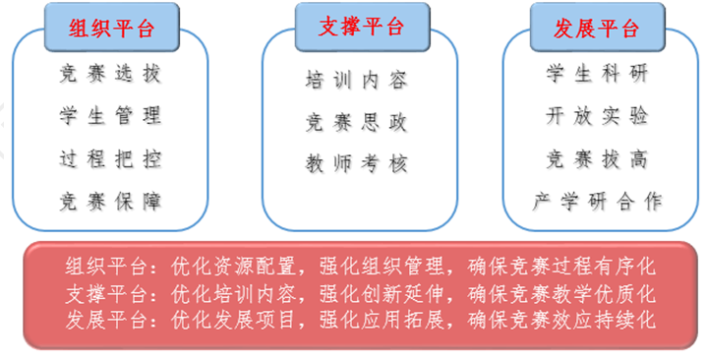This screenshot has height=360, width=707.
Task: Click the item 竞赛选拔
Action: tap(110, 74)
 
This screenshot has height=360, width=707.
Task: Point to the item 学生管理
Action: tap(110, 116)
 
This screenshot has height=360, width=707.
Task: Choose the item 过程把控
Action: tap(110, 158)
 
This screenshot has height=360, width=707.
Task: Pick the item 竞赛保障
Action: tap(110, 202)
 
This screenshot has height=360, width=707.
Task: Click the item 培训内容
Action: tap(356, 81)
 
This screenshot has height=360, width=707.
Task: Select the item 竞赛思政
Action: tap(356, 123)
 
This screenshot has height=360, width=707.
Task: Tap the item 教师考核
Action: tap(356, 163)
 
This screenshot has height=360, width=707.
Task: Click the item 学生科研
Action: tap(597, 74)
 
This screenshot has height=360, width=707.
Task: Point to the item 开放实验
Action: tap(597, 116)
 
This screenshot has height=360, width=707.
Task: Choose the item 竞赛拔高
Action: tap(597, 158)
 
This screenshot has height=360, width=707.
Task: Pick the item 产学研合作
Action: tap(597, 202)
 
